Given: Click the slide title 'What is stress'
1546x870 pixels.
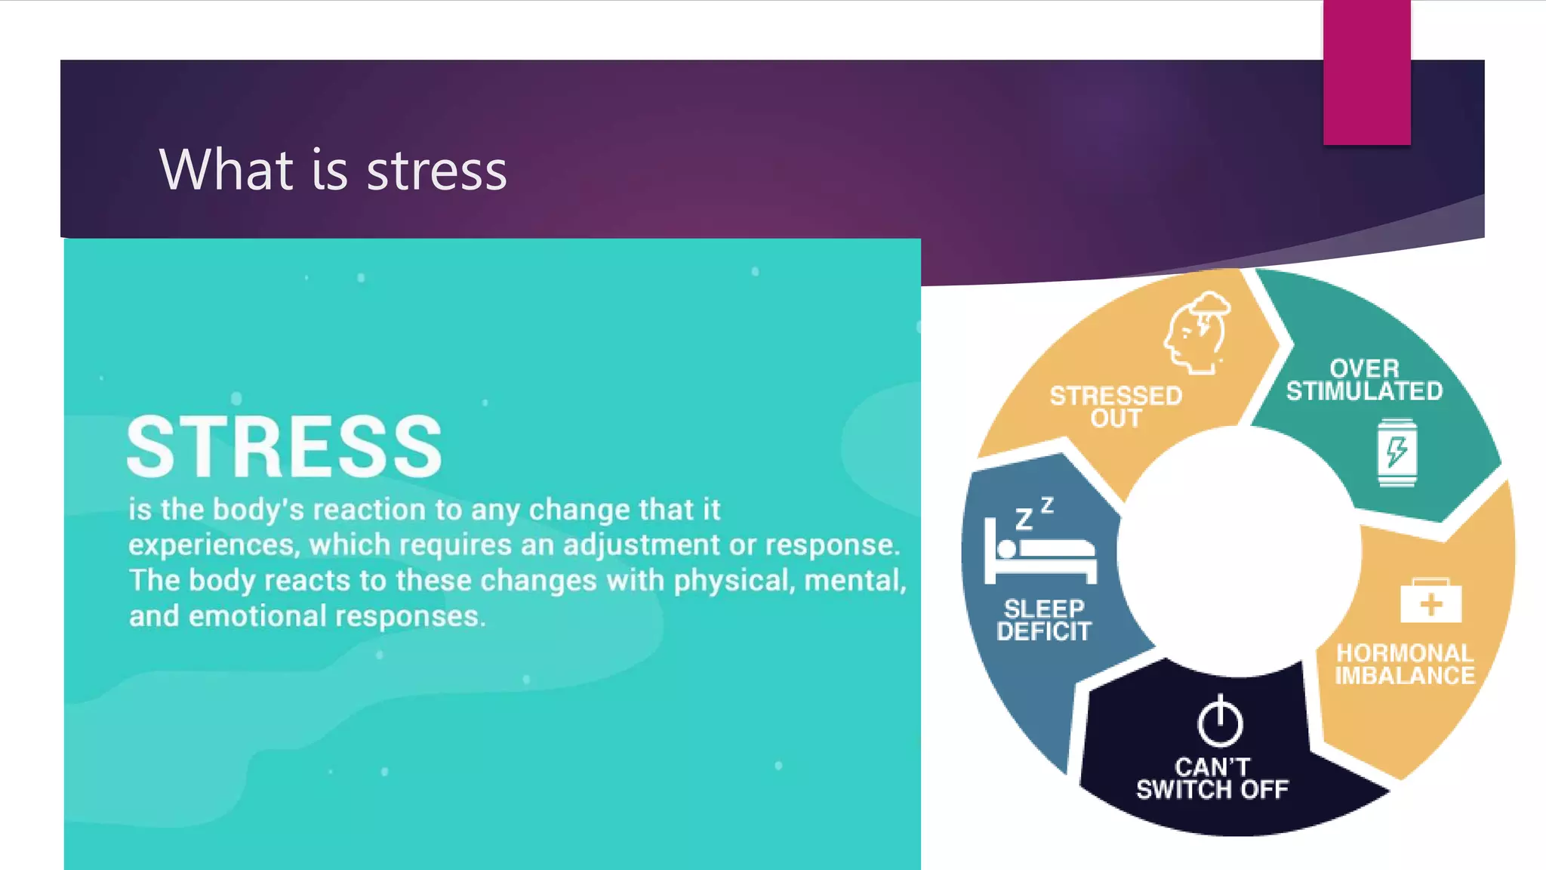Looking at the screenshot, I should point(333,170).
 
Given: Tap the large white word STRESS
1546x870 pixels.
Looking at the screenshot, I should point(285,447).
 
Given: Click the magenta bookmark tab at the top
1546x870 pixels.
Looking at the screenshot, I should point(1366,72).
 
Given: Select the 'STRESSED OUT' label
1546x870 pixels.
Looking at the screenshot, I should point(1116,407).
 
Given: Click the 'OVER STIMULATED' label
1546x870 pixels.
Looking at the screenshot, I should point(1364,380).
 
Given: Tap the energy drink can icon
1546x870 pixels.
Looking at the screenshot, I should point(1397,452).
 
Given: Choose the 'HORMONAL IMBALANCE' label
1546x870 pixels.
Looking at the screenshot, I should point(1404,665).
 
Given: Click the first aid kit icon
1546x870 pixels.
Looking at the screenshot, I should point(1431,601).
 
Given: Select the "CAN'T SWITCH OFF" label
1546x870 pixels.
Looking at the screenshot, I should point(1212,779).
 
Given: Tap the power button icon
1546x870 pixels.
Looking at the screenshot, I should point(1220,720).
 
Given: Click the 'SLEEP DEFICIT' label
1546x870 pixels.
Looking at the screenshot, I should point(1044,620).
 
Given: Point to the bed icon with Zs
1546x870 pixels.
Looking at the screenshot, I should point(1039,544).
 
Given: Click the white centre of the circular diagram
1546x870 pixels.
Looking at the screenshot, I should point(1238,551).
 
